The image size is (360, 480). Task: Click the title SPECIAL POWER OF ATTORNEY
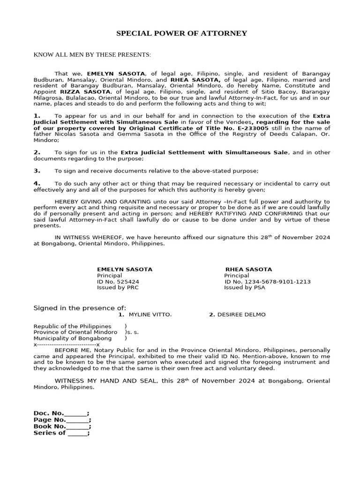[x=181, y=33]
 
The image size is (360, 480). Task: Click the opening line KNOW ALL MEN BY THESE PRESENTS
[x=92, y=55]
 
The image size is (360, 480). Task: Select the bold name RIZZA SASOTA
[x=78, y=92]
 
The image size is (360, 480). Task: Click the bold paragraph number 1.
[x=37, y=115]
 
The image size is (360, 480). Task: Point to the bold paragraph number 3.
[x=37, y=171]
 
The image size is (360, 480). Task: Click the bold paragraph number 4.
[x=37, y=183]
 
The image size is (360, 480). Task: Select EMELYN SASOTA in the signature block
[x=124, y=270]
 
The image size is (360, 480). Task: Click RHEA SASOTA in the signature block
[x=248, y=270]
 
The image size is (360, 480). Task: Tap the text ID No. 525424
[x=118, y=282]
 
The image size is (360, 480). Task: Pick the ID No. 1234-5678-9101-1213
[x=267, y=282]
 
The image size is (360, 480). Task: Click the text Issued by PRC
[x=117, y=288]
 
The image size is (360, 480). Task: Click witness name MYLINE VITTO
[x=150, y=315]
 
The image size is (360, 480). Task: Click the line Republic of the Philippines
[x=72, y=326]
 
